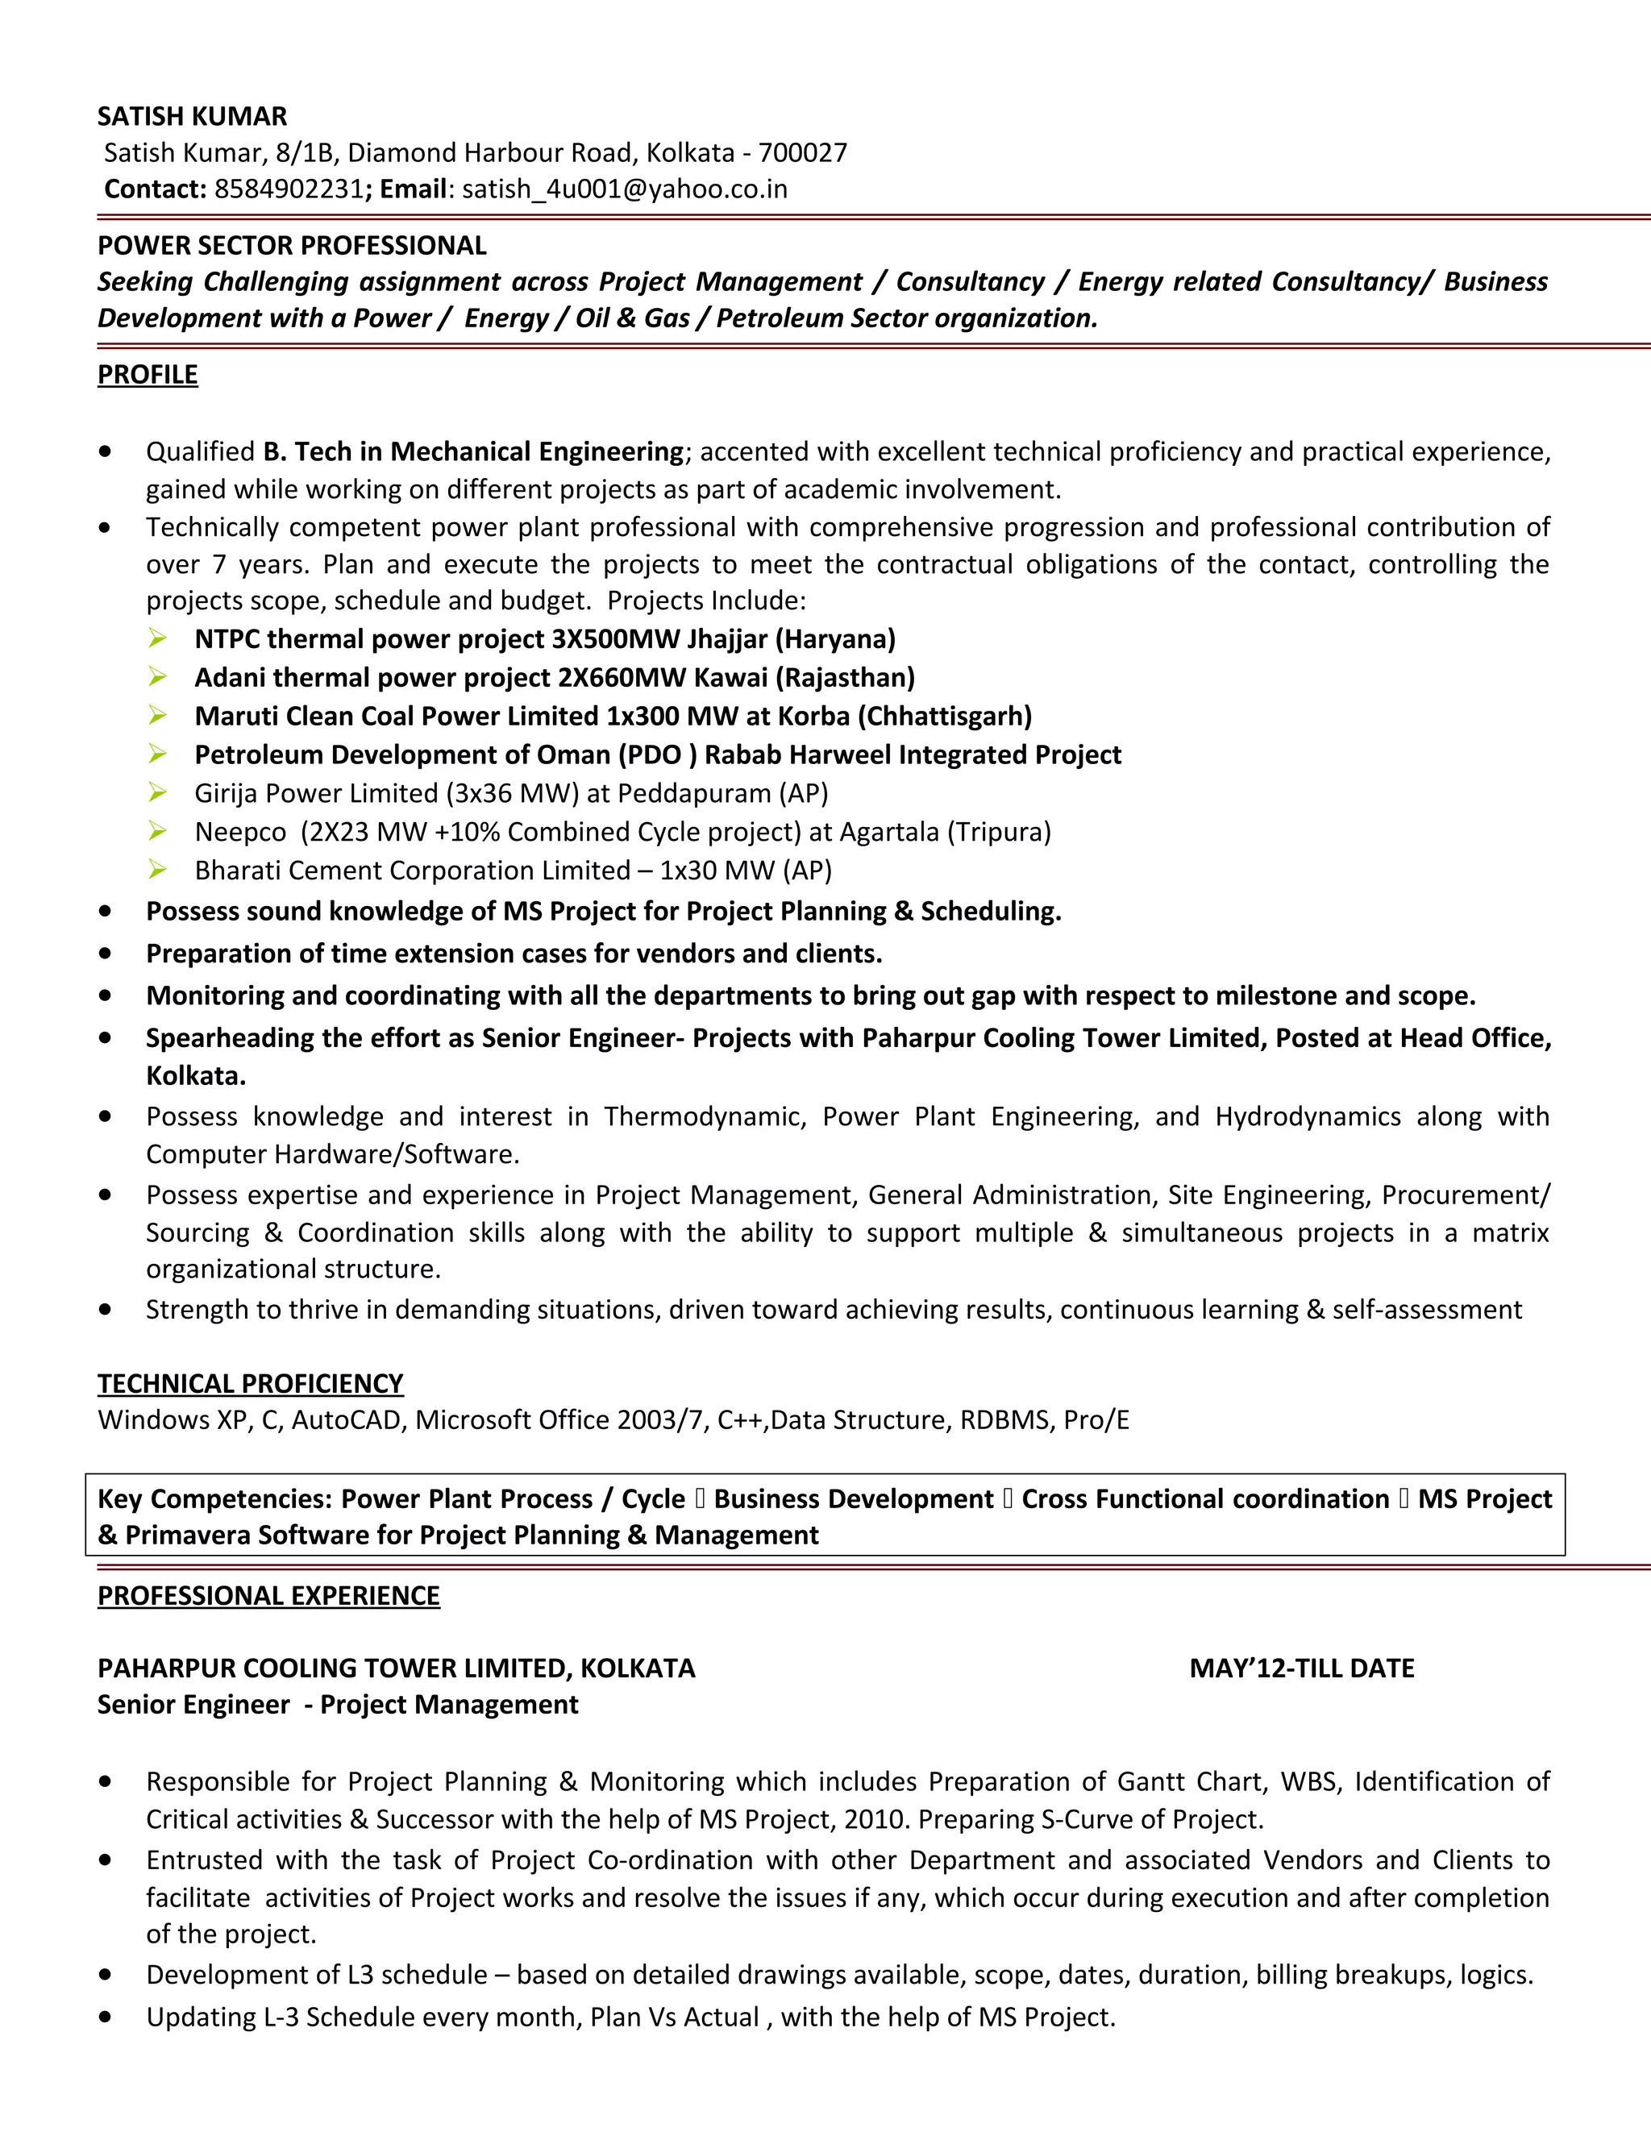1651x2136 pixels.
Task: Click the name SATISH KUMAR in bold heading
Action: [192, 116]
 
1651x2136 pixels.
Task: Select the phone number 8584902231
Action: [289, 189]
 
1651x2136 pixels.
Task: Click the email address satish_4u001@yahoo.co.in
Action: [624, 189]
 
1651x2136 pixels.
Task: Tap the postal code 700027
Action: [802, 152]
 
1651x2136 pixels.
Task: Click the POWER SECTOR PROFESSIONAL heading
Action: [292, 246]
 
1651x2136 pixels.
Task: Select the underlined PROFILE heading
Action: [148, 375]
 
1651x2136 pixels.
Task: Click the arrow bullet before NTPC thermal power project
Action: [157, 638]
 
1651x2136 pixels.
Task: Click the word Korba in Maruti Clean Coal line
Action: [813, 716]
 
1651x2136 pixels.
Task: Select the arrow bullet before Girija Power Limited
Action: [157, 792]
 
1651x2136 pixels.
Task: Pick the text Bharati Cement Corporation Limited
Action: [412, 871]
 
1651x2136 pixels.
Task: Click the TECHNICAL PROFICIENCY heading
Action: [251, 1383]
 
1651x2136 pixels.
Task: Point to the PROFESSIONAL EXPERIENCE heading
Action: [269, 1595]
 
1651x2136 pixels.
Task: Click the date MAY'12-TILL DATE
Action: [1301, 1668]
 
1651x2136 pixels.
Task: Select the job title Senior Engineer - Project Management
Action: [338, 1705]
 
